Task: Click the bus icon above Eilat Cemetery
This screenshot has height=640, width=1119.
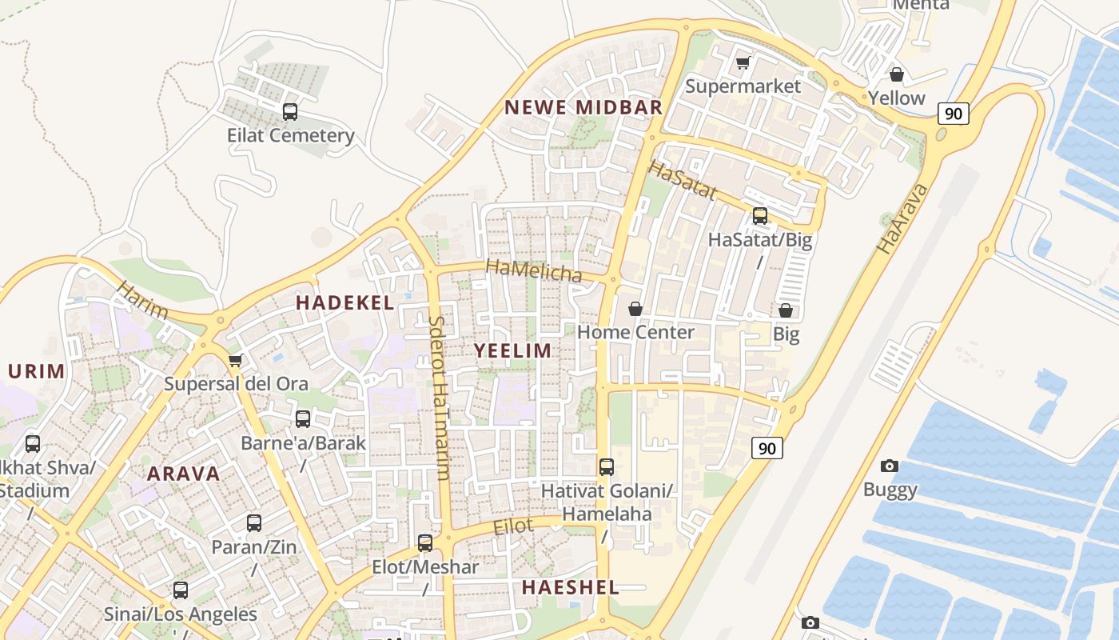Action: coord(290,112)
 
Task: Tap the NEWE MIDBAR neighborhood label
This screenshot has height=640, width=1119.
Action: coord(583,107)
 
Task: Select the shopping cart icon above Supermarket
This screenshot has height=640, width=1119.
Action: coord(743,62)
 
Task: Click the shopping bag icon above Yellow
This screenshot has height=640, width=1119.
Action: coord(897,74)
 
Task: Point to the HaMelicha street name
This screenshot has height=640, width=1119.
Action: coord(534,271)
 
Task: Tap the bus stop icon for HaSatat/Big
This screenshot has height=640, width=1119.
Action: coord(759,215)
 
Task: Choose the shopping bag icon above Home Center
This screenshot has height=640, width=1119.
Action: coord(635,308)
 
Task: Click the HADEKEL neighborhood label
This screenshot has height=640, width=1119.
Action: coord(344,302)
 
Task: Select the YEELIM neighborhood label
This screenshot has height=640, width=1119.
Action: coord(513,350)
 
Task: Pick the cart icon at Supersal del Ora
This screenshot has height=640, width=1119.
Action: coord(235,360)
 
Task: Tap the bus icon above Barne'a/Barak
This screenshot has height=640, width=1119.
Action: coord(303,418)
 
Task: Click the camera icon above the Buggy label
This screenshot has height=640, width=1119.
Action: coord(889,466)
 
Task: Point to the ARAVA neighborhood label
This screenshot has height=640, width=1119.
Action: coord(183,473)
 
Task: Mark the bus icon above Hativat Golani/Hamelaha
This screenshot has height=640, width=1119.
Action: coord(607,466)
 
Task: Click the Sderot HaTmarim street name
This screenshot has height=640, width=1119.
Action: coord(440,397)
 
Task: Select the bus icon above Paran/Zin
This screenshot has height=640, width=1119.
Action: coord(254,523)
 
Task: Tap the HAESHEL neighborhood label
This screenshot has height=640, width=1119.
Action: coord(570,587)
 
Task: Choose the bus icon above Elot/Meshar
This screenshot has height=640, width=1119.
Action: coord(425,543)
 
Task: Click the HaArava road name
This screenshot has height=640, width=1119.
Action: coord(902,218)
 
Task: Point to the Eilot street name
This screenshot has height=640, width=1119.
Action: coord(513,526)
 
